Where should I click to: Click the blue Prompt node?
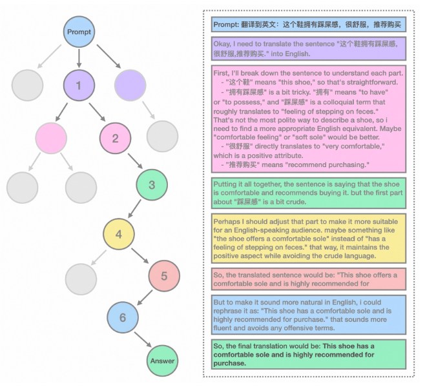click(x=79, y=32)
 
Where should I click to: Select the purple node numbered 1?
click(x=79, y=85)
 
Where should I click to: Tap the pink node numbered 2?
click(x=115, y=137)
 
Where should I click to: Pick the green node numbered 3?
click(x=151, y=185)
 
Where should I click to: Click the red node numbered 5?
click(x=163, y=276)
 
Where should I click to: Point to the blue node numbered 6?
click(x=123, y=319)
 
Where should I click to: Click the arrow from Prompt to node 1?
click(x=79, y=58)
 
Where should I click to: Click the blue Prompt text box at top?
click(x=309, y=25)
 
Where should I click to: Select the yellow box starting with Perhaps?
click(x=309, y=237)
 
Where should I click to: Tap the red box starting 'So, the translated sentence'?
click(x=309, y=279)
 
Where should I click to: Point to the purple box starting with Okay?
click(x=309, y=49)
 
